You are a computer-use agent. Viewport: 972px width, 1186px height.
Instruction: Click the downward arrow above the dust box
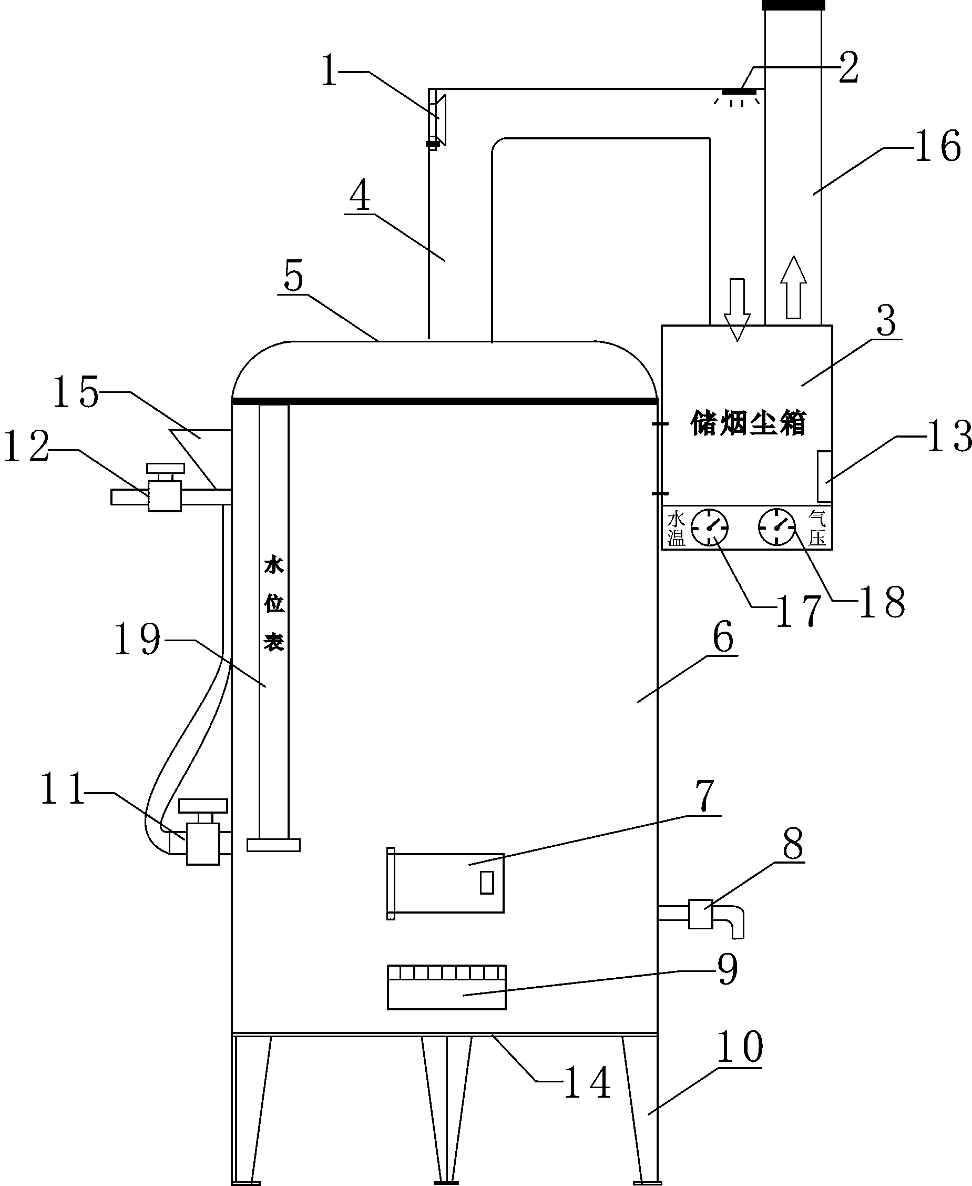point(737,309)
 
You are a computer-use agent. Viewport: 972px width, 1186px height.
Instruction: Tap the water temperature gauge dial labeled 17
point(709,527)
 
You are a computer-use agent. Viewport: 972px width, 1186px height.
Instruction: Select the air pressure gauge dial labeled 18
point(776,527)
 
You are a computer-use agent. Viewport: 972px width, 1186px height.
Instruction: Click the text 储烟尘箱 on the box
point(748,423)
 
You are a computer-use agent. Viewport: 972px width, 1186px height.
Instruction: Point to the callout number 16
point(937,146)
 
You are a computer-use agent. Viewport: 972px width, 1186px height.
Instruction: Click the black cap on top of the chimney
point(793,5)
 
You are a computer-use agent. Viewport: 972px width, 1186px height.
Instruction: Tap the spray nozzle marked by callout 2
point(739,92)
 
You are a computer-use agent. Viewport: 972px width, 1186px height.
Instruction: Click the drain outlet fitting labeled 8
point(700,914)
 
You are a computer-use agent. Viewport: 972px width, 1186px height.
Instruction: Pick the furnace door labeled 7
point(446,884)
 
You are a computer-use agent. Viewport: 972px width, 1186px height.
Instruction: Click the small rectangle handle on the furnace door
point(487,883)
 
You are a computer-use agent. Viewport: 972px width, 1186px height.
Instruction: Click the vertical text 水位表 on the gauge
point(274,603)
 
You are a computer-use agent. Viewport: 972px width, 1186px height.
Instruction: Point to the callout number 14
point(586,1083)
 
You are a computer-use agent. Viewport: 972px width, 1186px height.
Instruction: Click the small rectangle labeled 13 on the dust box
point(824,476)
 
